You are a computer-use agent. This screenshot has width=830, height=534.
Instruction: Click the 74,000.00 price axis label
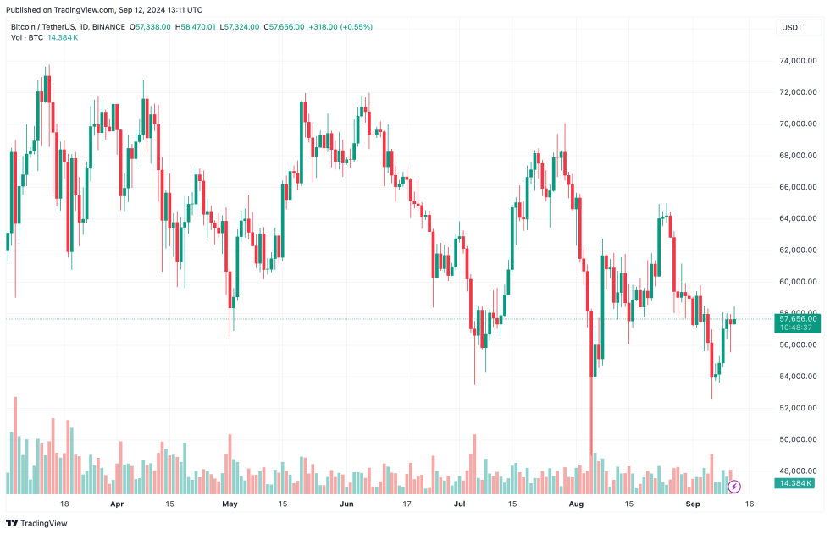[x=797, y=61]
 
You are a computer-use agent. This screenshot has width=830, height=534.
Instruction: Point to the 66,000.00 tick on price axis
[x=797, y=187]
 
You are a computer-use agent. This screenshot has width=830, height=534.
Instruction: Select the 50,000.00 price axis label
[x=797, y=439]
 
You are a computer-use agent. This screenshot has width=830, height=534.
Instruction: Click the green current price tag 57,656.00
[x=797, y=318]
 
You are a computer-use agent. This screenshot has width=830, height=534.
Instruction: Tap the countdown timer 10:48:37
[x=797, y=327]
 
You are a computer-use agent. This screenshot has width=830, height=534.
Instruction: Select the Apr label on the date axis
[x=117, y=504]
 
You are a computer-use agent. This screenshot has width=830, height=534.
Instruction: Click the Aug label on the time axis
[x=577, y=504]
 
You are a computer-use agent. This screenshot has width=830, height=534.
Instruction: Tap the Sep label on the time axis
[x=693, y=504]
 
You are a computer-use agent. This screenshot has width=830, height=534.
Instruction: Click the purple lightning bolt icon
[x=735, y=487]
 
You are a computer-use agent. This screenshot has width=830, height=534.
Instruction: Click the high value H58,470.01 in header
[x=196, y=27]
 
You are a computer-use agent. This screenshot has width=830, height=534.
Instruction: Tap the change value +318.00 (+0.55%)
[x=342, y=27]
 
